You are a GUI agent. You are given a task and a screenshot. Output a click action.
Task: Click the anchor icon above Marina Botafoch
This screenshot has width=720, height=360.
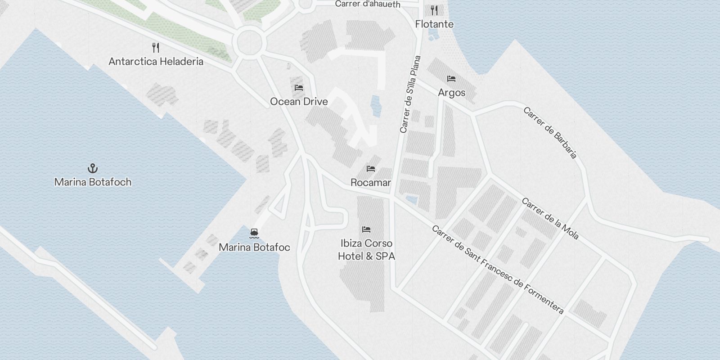(x=92, y=169)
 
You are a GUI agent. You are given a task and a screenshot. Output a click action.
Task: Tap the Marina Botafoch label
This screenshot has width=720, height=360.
(x=93, y=182)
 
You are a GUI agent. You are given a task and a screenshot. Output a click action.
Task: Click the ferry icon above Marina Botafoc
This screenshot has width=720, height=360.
(x=254, y=234)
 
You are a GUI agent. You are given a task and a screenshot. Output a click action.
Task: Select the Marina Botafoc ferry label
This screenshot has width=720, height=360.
(x=254, y=247)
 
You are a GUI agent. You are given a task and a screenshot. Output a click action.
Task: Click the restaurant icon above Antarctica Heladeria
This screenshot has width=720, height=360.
(x=156, y=48)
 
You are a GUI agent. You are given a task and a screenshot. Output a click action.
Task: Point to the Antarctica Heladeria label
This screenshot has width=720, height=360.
(x=156, y=61)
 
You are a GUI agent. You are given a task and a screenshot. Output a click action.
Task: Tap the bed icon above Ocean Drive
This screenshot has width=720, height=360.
(x=299, y=88)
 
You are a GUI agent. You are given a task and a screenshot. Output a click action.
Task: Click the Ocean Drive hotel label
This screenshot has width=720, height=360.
(x=299, y=102)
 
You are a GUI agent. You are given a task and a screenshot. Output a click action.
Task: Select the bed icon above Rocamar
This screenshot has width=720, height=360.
(x=371, y=169)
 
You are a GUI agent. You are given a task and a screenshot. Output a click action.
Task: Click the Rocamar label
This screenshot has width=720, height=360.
(x=371, y=183)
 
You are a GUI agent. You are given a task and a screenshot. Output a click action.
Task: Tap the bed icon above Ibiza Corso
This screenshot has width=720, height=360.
(x=366, y=229)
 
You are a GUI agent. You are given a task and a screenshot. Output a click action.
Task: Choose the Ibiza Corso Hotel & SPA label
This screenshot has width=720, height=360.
(x=366, y=250)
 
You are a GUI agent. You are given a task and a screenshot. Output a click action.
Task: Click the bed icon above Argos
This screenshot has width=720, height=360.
(x=451, y=79)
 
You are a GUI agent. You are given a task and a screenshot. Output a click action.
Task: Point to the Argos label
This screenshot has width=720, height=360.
(x=451, y=93)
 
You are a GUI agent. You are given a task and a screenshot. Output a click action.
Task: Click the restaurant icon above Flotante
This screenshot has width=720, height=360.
(x=434, y=10)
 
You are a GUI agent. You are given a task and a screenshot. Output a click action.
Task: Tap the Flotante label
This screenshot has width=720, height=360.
(x=434, y=24)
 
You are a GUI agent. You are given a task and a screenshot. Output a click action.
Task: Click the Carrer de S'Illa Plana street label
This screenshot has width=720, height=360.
(x=410, y=94)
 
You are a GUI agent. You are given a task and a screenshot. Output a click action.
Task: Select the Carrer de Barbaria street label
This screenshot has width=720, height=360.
(x=549, y=133)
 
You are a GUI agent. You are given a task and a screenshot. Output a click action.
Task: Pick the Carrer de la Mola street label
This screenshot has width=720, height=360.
(x=550, y=219)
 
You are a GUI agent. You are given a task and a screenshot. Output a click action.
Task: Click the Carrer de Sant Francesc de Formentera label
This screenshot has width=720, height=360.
(x=497, y=270)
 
